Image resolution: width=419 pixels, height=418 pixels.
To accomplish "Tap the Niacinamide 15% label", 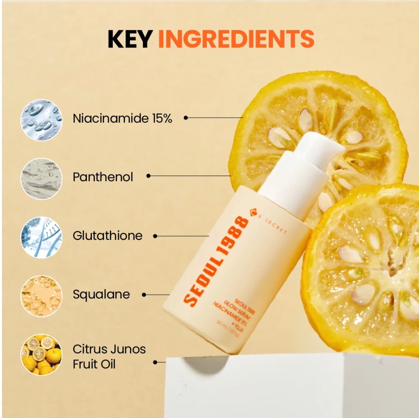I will (123, 118).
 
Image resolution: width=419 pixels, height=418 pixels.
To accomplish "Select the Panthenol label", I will (103, 177).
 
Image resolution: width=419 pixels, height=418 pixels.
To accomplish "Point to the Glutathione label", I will (108, 236).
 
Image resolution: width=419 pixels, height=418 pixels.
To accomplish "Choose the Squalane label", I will (101, 295).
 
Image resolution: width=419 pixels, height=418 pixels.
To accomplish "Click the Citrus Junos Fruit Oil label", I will (109, 356).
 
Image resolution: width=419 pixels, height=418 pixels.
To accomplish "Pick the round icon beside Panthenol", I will (41, 179).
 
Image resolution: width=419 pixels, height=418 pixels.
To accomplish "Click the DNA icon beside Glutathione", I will (41, 238).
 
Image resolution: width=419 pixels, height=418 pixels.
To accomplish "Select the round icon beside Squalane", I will (41, 296).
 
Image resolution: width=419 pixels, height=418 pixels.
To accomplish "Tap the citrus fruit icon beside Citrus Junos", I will (41, 355).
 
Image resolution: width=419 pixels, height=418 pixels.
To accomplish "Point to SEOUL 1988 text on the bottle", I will (216, 260).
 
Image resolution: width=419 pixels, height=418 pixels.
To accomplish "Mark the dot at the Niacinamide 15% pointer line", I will (186, 118).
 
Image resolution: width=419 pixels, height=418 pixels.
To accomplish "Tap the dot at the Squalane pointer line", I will (144, 294).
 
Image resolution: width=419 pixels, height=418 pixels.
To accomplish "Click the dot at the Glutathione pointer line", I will (155, 236).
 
